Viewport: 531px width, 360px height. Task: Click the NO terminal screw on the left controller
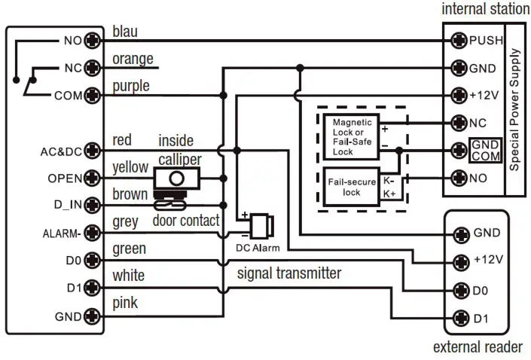[92, 40]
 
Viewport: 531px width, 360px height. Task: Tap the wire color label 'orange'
[133, 59]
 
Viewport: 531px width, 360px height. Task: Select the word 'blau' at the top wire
[125, 32]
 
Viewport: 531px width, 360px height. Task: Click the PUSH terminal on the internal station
[457, 40]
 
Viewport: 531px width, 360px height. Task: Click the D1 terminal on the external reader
[458, 318]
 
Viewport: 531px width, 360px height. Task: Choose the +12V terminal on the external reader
[458, 261]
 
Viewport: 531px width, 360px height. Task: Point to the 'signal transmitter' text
[288, 273]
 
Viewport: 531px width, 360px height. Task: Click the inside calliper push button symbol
[176, 178]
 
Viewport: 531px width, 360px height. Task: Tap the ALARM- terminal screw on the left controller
[92, 232]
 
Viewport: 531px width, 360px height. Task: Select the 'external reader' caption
[478, 347]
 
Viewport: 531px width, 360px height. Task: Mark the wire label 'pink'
[124, 303]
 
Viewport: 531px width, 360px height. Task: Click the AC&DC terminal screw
[92, 151]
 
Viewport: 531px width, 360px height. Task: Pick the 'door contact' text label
[185, 221]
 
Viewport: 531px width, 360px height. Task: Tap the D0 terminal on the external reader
[458, 289]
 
